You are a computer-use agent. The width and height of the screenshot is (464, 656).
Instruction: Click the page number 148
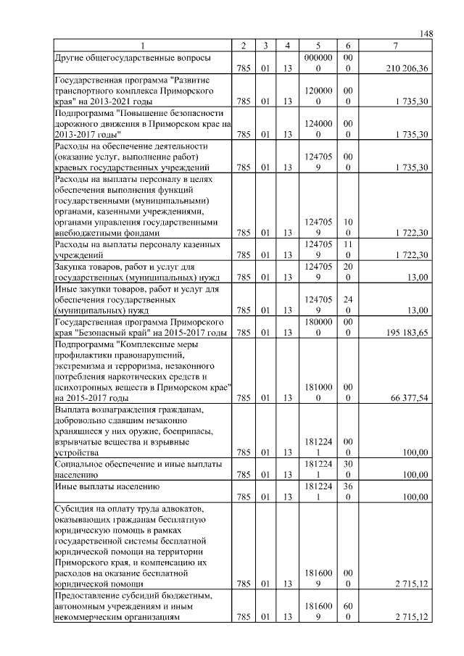(x=426, y=34)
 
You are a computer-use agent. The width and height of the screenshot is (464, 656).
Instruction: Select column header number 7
(x=394, y=46)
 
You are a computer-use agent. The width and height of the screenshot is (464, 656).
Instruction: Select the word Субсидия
(x=76, y=507)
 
